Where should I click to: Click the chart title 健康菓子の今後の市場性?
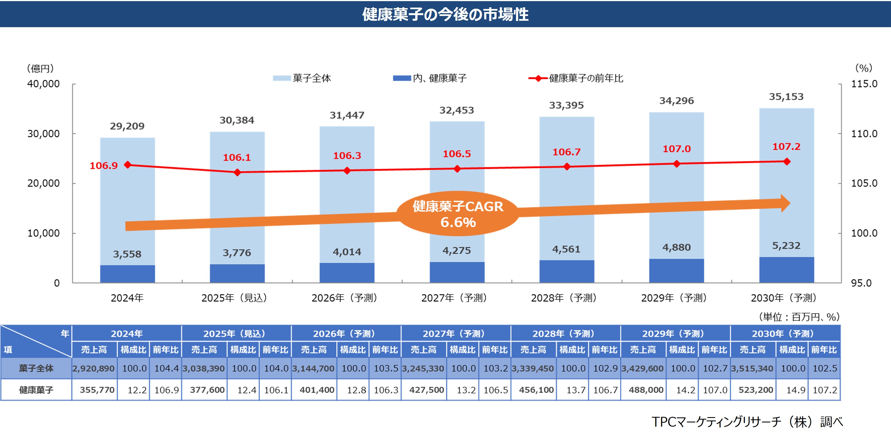445,15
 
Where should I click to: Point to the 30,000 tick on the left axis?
44,134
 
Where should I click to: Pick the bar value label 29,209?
127,126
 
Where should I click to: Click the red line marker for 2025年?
237,172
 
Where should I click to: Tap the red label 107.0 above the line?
677,149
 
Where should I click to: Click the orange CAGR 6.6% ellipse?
458,214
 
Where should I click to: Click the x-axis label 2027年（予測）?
454,298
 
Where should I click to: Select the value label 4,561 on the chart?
566,249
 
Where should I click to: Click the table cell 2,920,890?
93,368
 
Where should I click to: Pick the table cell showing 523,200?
756,390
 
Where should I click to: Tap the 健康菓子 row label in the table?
36,390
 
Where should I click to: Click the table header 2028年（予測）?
563,333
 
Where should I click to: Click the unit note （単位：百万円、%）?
799,317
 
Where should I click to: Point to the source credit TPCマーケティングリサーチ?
747,422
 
